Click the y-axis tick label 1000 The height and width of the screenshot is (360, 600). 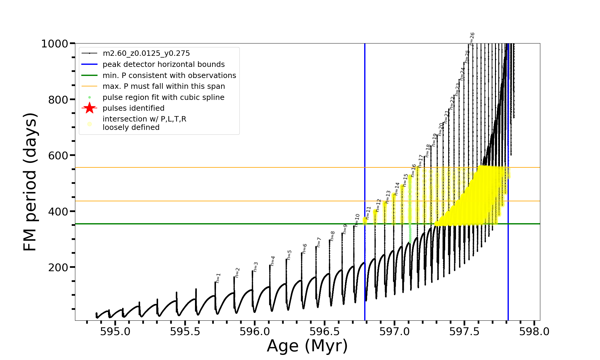click(55, 44)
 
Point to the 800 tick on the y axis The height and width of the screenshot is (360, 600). click(58, 100)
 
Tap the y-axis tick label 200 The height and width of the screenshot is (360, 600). click(58, 267)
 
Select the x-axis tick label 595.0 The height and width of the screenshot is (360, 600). click(115, 331)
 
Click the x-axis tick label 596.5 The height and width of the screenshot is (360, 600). click(325, 331)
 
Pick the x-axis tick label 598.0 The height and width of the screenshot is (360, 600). click(534, 331)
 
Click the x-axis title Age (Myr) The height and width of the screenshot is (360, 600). click(307, 346)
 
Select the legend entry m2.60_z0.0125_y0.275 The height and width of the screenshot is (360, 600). click(146, 53)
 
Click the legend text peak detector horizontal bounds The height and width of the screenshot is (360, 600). click(163, 64)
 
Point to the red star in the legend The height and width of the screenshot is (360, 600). click(89, 108)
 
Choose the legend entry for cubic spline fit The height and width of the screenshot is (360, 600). click(163, 97)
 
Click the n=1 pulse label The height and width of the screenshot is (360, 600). click(218, 278)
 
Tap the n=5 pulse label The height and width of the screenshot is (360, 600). click(289, 255)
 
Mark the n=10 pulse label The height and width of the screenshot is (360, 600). click(357, 220)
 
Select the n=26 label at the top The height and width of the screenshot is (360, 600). click(472, 39)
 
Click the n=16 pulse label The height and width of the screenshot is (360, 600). click(413, 170)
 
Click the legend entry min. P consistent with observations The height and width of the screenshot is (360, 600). click(169, 76)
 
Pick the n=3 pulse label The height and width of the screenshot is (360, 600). click(256, 267)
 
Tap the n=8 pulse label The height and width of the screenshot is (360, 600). click(332, 236)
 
